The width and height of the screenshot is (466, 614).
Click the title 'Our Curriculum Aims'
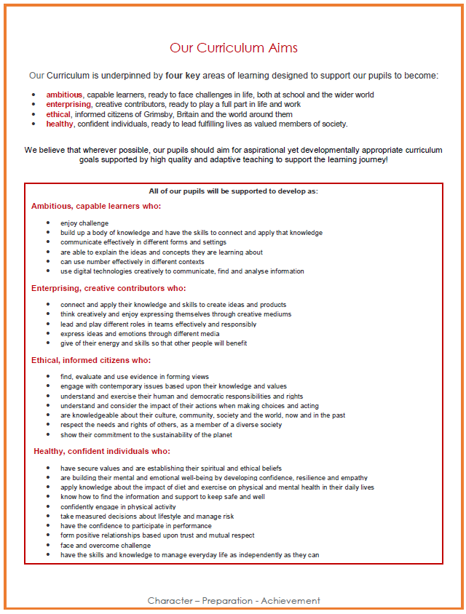pyautogui.click(x=233, y=49)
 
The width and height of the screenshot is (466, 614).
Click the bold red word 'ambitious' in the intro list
pyautogui.click(x=64, y=95)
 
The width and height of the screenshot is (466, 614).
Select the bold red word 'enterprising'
pyautogui.click(x=68, y=105)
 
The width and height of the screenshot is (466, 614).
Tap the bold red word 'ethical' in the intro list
pyautogui.click(x=58, y=114)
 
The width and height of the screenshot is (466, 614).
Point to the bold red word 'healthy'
pyautogui.click(x=60, y=124)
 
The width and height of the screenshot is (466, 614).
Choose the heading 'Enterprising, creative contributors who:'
pyautogui.click(x=108, y=289)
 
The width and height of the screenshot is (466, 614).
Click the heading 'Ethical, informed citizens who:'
pyautogui.click(x=91, y=360)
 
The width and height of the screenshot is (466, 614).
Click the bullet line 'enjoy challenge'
pyautogui.click(x=84, y=223)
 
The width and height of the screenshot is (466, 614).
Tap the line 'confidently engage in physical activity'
pyautogui.click(x=118, y=507)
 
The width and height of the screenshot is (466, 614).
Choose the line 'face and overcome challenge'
pyautogui.click(x=106, y=546)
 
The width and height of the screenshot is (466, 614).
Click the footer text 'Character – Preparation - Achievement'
pyautogui.click(x=234, y=601)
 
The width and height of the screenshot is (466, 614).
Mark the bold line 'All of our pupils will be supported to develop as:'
pyautogui.click(x=233, y=191)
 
